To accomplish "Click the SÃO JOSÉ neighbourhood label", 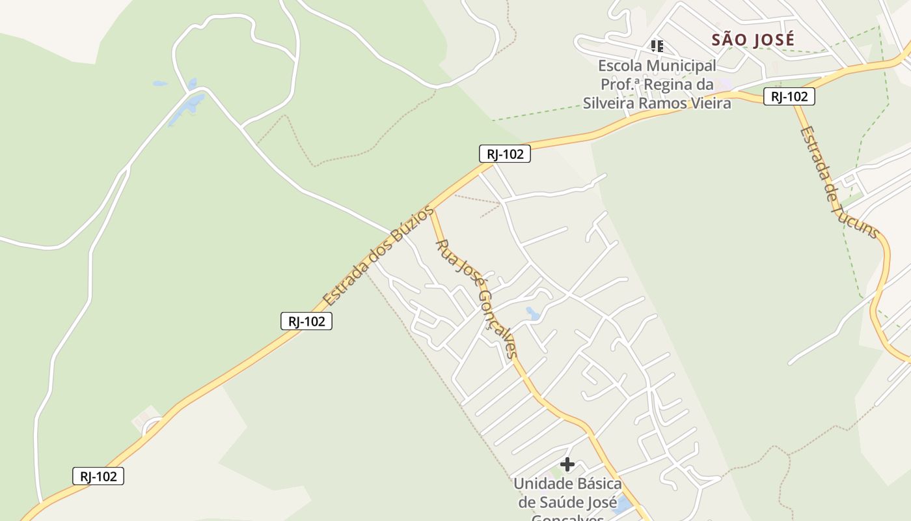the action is coord(753,40).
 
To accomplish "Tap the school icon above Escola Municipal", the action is coord(657,46).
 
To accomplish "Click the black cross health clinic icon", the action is coord(567,464).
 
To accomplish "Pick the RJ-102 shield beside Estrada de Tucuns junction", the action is coord(789,96).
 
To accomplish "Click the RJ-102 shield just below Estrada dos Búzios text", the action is coord(306,320).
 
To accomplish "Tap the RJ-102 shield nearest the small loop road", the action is coord(98,476).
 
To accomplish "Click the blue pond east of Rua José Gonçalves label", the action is coord(532,314).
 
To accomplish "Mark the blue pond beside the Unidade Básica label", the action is coord(622,505).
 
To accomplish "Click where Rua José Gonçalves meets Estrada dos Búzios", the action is coord(431,210).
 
